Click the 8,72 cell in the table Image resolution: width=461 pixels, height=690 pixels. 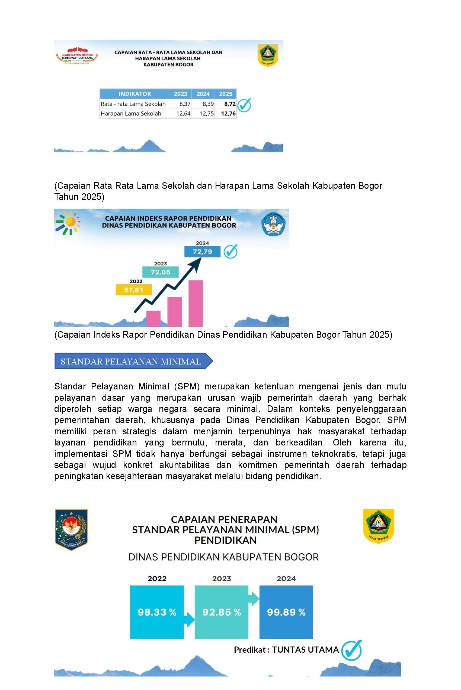click(x=229, y=104)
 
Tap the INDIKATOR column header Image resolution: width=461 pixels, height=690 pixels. click(x=135, y=94)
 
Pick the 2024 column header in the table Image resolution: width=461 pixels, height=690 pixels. click(x=203, y=94)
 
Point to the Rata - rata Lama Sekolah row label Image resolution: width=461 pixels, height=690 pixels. click(x=133, y=104)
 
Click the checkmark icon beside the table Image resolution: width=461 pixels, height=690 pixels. click(x=244, y=106)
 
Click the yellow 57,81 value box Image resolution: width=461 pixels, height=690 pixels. click(x=134, y=290)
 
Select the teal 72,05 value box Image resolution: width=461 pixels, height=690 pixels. click(x=161, y=272)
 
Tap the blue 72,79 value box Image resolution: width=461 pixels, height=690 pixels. click(x=202, y=252)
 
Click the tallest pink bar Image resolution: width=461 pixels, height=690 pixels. click(x=196, y=303)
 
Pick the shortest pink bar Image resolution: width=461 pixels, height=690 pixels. click(x=153, y=318)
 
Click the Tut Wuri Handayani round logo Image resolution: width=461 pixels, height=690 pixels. click(x=273, y=224)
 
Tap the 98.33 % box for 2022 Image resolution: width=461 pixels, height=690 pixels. click(x=157, y=612)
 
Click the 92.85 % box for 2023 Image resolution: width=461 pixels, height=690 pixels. click(x=221, y=612)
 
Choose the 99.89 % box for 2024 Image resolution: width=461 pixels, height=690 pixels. click(x=286, y=612)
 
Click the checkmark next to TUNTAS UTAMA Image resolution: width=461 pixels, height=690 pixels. click(x=352, y=650)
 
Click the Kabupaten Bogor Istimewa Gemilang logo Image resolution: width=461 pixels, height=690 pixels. click(x=77, y=56)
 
